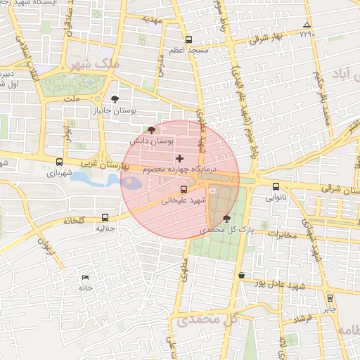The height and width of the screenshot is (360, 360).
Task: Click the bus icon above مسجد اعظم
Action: click(x=188, y=40)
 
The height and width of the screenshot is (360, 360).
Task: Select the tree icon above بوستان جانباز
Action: click(x=115, y=99)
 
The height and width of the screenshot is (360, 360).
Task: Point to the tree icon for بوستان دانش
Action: click(x=151, y=129)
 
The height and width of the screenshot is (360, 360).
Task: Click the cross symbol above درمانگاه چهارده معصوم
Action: click(x=179, y=157)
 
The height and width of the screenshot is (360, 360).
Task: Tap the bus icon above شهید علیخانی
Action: click(x=184, y=188)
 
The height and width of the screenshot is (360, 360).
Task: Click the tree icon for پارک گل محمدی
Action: click(x=226, y=218)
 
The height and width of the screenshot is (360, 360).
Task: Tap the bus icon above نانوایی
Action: click(x=275, y=187)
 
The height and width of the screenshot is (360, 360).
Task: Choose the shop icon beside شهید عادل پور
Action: click(x=242, y=275)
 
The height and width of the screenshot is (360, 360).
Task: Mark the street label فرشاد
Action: click(x=302, y=318)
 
